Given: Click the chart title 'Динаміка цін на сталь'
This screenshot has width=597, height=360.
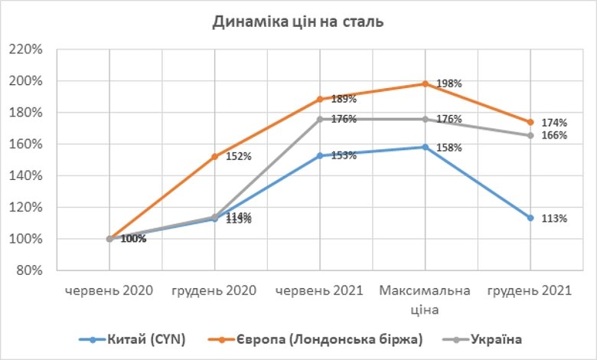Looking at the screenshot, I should [x=298, y=21].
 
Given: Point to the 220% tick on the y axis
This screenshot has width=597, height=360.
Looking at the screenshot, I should [x=28, y=50].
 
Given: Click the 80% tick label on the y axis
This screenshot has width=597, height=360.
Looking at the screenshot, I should [x=31, y=270].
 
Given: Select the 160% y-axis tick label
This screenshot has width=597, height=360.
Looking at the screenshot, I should [x=28, y=144].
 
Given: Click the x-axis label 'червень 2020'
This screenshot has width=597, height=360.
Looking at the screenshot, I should [x=109, y=291].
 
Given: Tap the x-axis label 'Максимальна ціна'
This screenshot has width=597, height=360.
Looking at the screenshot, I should [x=425, y=299].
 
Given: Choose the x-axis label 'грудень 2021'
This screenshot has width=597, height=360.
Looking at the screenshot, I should [x=530, y=291].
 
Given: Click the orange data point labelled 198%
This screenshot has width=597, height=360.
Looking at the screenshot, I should [x=425, y=83].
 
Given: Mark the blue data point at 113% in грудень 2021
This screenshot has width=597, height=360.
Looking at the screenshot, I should [x=530, y=218].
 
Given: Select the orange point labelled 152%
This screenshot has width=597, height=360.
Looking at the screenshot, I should [x=214, y=156].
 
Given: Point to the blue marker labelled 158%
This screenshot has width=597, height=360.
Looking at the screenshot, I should [x=425, y=147].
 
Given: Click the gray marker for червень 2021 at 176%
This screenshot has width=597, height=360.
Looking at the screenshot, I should [x=320, y=119].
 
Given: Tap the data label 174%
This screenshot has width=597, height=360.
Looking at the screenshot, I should [x=555, y=123].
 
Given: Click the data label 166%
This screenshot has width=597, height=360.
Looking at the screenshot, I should [x=555, y=136].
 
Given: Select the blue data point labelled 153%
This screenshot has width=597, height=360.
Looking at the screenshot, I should [x=320, y=155].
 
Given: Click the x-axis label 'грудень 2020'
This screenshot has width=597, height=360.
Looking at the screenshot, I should [x=214, y=291].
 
